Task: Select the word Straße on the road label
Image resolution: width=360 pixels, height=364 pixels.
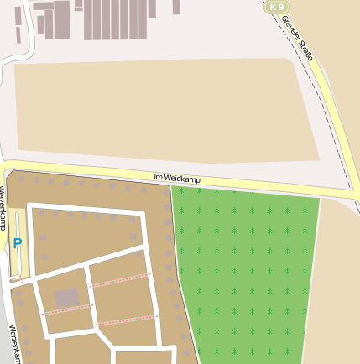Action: [307, 50]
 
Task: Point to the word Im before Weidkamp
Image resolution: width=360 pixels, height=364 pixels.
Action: [158, 176]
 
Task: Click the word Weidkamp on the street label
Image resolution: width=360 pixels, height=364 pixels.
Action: [180, 178]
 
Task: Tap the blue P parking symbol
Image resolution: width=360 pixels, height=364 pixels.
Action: [18, 244]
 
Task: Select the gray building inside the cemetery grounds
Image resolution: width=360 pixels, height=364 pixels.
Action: [66, 298]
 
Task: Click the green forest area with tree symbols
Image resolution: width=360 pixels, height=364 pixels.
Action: [243, 268]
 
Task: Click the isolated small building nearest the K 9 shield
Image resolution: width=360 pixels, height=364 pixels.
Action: [176, 7]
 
